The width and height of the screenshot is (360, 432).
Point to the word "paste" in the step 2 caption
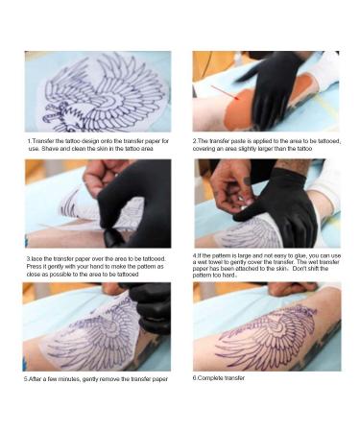coord(234,141)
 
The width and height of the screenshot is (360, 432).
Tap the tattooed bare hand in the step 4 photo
coord(228,182)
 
